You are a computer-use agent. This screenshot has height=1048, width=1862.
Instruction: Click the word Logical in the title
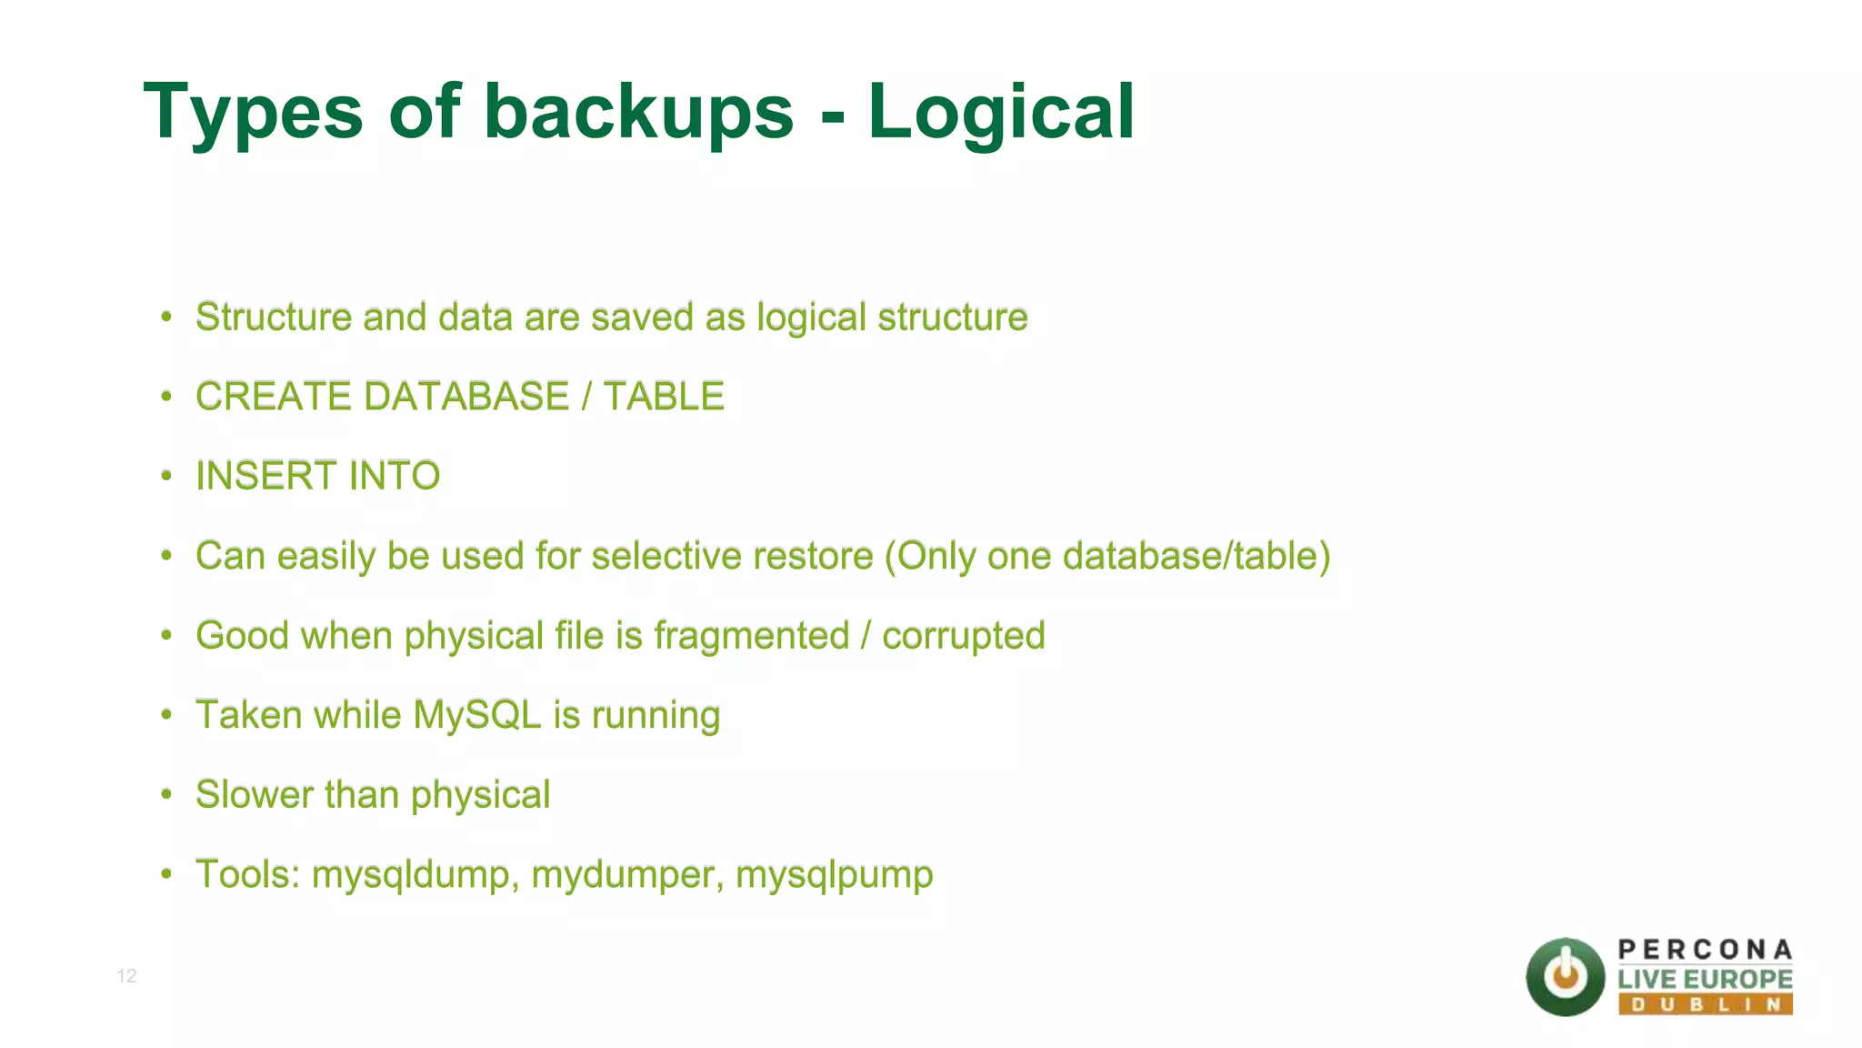coord(1001,113)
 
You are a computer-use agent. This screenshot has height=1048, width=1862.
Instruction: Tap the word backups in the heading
coord(638,113)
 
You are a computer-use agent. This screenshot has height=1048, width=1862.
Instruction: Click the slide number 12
coord(126,976)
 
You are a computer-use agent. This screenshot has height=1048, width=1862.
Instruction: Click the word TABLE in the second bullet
coord(664,397)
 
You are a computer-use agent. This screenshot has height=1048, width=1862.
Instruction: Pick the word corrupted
coord(963,636)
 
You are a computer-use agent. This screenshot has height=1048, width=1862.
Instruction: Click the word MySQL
coord(477,715)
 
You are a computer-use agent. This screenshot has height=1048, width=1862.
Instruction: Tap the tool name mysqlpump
coord(834,875)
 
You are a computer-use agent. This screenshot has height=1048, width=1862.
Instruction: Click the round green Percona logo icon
coord(1565,977)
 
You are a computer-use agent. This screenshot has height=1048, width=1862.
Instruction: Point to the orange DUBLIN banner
coord(1705,1004)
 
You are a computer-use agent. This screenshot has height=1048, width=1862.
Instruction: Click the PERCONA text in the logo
coord(1705,950)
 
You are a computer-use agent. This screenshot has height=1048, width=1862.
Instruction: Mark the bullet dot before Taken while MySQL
coord(166,715)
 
